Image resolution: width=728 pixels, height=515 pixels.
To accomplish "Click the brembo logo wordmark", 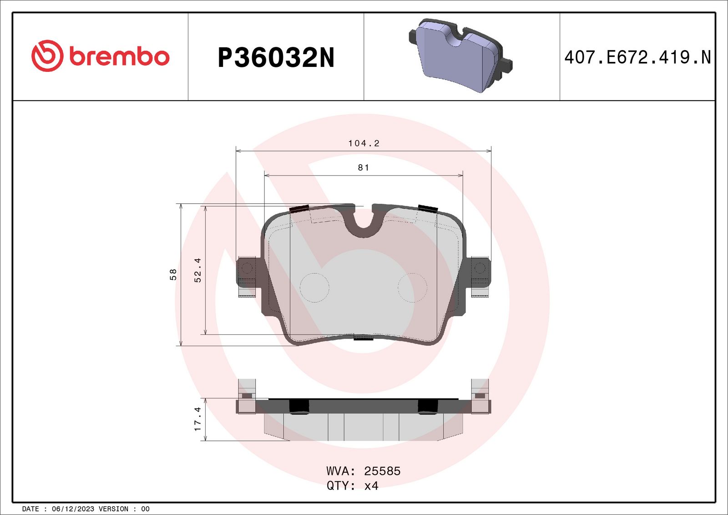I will (119, 56).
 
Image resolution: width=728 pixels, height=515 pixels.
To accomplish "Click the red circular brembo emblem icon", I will (47, 56).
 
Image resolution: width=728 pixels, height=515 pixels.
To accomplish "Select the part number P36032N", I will (276, 58).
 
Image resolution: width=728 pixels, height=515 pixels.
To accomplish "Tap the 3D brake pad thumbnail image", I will (460, 56).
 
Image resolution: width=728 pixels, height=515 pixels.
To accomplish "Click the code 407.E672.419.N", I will (637, 57).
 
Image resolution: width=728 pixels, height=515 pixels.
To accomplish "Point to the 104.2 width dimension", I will (364, 143).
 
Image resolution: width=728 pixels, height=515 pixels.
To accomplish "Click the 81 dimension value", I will (364, 168).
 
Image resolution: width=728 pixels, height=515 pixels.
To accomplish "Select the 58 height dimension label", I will (173, 274).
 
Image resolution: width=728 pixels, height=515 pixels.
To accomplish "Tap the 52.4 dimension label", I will (197, 270).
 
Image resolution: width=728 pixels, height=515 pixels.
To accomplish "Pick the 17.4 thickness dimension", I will (197, 419).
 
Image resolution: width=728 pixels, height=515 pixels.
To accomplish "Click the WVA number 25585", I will (382, 471).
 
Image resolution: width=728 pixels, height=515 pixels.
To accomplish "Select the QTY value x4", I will (371, 486).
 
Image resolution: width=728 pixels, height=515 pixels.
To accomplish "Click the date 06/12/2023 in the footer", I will (73, 509).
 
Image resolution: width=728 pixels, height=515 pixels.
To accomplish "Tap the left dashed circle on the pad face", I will (314, 288).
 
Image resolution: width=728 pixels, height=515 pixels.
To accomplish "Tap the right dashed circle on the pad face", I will (412, 288).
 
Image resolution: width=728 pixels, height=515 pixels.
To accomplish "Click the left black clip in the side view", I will (299, 406).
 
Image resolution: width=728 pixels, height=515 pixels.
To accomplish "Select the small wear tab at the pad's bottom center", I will (364, 337).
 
